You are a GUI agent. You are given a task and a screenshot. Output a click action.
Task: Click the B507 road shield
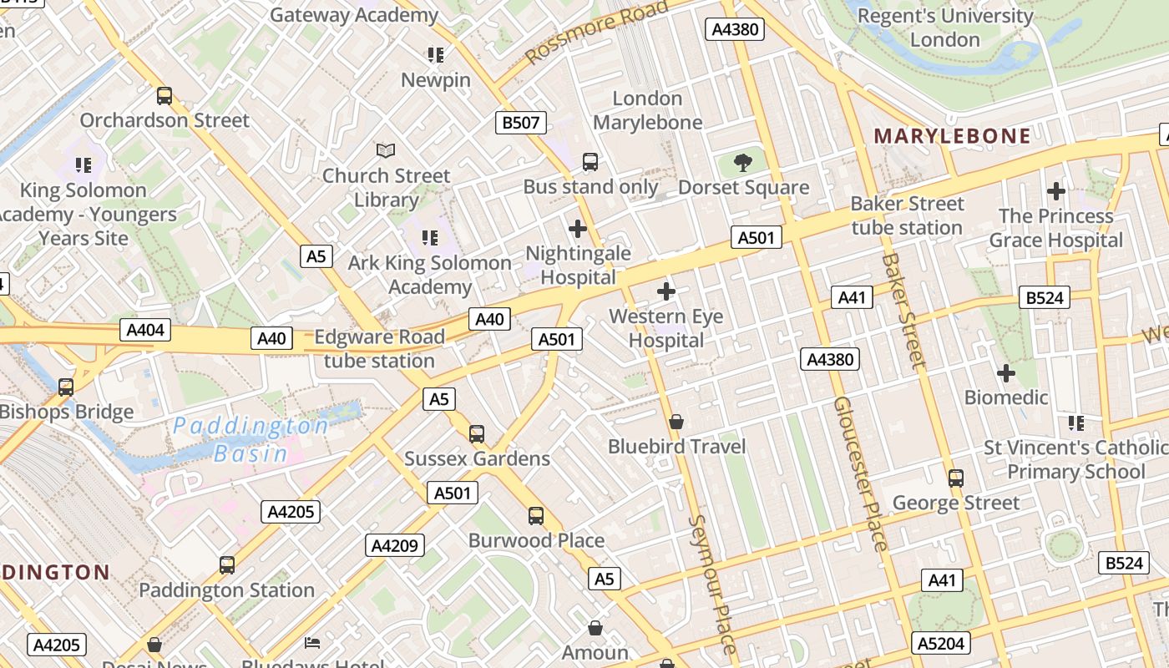[x=520, y=123]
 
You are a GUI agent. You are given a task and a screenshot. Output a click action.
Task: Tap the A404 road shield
[x=145, y=330]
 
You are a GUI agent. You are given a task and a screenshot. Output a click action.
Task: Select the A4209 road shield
[x=394, y=546]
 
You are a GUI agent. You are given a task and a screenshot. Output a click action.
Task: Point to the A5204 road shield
[x=941, y=643]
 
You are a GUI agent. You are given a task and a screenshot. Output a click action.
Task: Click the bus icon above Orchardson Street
[x=164, y=96]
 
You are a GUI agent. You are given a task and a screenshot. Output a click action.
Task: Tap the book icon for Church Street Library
[x=385, y=150]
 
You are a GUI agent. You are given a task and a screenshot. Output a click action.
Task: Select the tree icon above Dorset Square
[x=742, y=162]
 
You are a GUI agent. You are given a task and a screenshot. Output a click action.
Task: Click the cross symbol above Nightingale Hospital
[x=577, y=228]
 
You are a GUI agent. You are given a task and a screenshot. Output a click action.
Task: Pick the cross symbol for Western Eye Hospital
[x=665, y=291]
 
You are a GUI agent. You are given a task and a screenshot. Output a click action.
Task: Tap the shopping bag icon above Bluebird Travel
[x=676, y=422]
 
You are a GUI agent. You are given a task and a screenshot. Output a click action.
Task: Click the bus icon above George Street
[x=956, y=478]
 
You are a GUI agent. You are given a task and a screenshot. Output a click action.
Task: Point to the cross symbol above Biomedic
[x=1006, y=372]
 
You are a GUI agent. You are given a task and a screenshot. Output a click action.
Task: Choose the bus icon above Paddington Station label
[x=226, y=565]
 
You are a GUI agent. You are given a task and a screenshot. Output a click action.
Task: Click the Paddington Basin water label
[x=250, y=440]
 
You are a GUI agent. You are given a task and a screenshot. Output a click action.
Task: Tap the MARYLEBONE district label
[x=952, y=136]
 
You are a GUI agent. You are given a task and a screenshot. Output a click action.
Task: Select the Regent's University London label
[x=945, y=28]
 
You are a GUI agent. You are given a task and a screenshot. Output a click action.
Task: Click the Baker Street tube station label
[x=907, y=215]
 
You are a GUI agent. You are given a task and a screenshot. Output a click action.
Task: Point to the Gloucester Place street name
[x=860, y=473]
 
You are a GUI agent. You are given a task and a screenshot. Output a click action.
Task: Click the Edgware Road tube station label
[x=380, y=349]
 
